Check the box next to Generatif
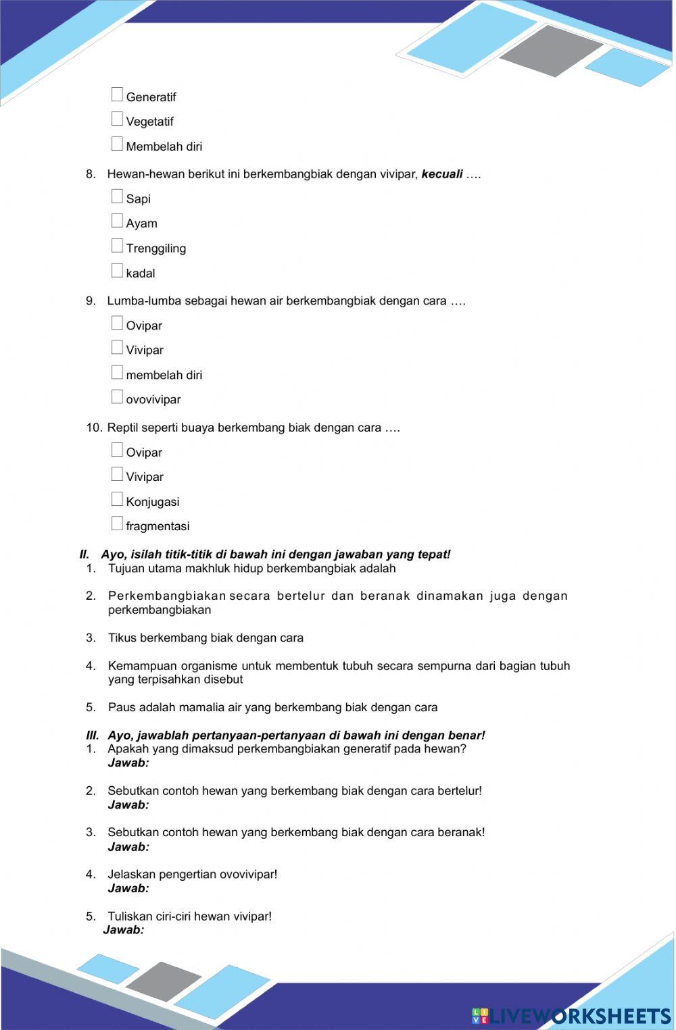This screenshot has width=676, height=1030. click(x=117, y=95)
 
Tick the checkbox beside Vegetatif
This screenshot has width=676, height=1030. click(x=117, y=120)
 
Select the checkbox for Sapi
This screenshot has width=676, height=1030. click(x=117, y=197)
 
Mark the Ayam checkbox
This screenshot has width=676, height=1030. click(x=117, y=222)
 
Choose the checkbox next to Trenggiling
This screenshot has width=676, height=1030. click(x=117, y=247)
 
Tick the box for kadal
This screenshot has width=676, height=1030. click(x=117, y=272)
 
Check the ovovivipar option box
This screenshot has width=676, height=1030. click(x=117, y=398)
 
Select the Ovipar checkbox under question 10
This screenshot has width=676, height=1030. click(x=117, y=450)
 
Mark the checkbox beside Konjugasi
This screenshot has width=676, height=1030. click(x=117, y=500)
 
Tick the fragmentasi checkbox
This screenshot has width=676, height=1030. click(x=117, y=524)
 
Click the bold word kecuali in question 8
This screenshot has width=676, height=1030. click(x=441, y=174)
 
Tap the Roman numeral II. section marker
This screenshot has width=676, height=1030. click(x=84, y=555)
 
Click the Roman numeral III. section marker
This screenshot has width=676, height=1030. click(x=93, y=736)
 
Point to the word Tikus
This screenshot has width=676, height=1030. click(x=122, y=638)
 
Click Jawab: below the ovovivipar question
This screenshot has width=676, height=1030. click(x=128, y=888)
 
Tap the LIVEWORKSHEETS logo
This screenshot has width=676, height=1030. click(x=571, y=1016)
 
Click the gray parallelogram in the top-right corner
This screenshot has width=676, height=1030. click(x=551, y=51)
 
